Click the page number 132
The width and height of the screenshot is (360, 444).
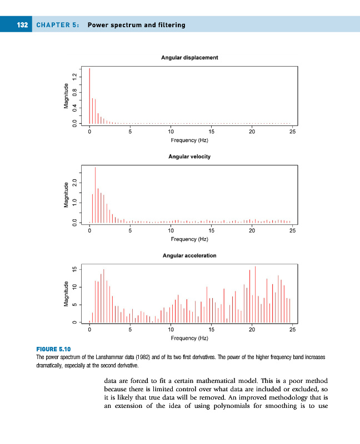(x=22, y=25)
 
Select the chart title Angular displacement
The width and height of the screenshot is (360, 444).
(x=189, y=57)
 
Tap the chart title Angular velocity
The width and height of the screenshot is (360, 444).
(x=189, y=157)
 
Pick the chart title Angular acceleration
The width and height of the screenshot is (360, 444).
(x=189, y=256)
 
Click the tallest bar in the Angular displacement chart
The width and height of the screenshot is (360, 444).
(x=89, y=95)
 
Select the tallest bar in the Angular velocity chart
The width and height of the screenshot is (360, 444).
(x=95, y=194)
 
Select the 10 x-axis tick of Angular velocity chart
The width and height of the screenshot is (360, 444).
(x=171, y=231)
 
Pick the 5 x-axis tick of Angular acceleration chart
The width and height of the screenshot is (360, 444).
(x=130, y=330)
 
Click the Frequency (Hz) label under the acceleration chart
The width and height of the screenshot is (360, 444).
(x=189, y=337)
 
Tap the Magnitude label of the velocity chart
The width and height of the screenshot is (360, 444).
(x=66, y=195)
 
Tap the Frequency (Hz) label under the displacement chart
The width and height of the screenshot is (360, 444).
(x=189, y=140)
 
